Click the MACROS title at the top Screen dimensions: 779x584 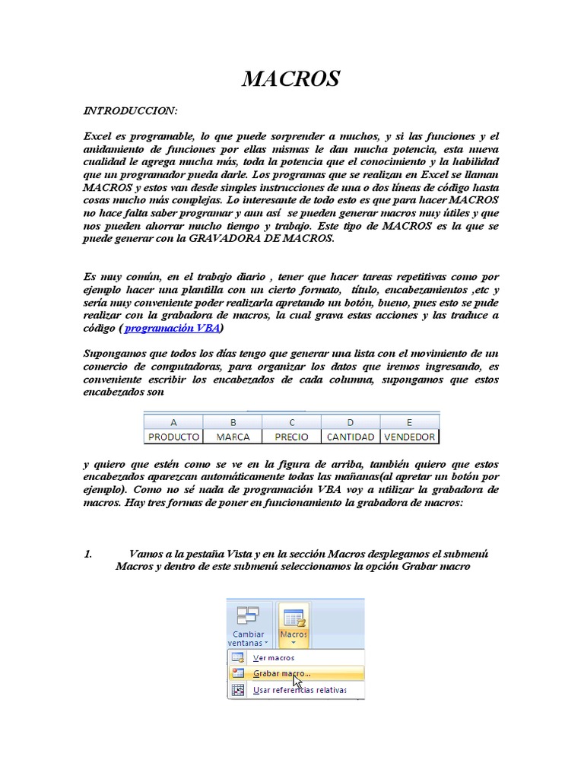pos(291,78)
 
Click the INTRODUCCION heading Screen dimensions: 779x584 pos(130,111)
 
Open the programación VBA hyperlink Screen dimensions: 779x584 pos(172,328)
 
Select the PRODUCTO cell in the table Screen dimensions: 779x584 pos(173,437)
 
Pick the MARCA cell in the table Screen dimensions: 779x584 pos(233,437)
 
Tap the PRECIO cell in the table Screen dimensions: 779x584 pos(291,437)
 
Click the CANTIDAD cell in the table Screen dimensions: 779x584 pos(350,437)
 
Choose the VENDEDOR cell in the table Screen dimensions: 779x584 pos(410,437)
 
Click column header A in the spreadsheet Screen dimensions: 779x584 pos(173,422)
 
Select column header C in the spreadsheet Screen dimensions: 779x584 pos(291,422)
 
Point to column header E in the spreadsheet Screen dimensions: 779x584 pos(410,422)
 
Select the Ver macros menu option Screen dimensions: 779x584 pos(273,657)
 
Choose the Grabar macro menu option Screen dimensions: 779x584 pos(281,673)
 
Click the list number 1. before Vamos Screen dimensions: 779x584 pos(87,554)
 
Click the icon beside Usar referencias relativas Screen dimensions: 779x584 pos(238,690)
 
